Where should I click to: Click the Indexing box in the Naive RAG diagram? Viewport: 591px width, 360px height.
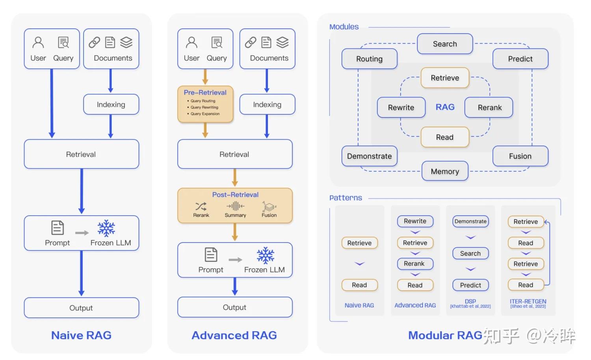111,104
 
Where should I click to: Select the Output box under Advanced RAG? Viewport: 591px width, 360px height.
235,307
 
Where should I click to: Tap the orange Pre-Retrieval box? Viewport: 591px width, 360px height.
205,104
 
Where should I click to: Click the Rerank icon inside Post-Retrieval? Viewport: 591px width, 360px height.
201,206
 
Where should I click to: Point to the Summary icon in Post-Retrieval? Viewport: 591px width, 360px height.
235,206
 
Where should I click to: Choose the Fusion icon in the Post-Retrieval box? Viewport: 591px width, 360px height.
269,207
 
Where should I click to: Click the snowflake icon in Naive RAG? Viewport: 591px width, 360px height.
106,228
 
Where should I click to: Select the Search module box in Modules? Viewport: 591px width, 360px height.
445,44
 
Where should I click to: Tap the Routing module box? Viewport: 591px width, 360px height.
369,59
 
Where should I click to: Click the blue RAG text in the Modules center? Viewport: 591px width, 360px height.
445,107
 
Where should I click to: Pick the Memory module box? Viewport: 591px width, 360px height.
445,172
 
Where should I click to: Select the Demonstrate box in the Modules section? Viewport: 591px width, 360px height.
369,156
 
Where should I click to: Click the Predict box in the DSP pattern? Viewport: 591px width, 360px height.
470,285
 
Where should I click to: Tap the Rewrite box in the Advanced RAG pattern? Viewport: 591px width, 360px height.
415,221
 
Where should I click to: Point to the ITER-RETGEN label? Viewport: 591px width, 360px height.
528,302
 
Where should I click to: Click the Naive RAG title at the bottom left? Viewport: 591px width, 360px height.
81,335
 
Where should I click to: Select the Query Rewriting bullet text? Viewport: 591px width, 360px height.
204,107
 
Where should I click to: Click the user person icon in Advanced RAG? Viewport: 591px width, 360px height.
191,42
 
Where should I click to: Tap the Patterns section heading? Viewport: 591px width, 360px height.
346,198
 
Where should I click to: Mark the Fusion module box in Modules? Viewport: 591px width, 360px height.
520,156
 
